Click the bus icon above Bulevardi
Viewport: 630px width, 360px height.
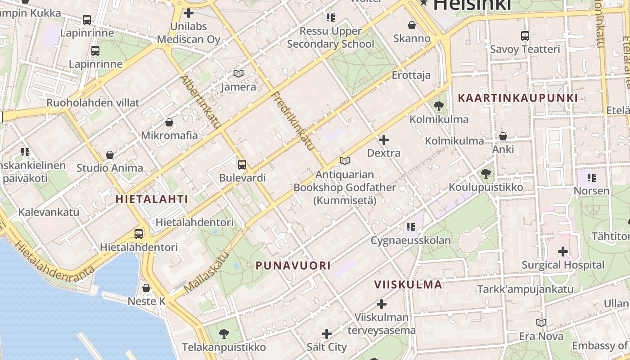pyautogui.click(x=242, y=165)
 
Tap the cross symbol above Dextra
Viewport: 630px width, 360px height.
pyautogui.click(x=384, y=140)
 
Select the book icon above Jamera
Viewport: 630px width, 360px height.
pyautogui.click(x=238, y=73)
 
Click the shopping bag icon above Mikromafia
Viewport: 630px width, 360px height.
pyautogui.click(x=169, y=122)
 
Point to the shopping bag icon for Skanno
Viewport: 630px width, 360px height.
pyautogui.click(x=411, y=25)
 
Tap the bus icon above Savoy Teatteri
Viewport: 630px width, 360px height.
pyautogui.click(x=525, y=36)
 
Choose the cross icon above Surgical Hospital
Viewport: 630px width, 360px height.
pyautogui.click(x=562, y=252)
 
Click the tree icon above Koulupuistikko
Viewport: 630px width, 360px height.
pyautogui.click(x=486, y=174)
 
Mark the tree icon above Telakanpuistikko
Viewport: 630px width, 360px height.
pyautogui.click(x=224, y=334)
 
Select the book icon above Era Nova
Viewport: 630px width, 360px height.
pyautogui.click(x=541, y=323)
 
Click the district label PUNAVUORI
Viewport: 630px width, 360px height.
pyautogui.click(x=293, y=265)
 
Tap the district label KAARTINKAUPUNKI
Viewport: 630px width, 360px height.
pyautogui.click(x=517, y=98)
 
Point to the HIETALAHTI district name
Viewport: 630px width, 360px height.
pyautogui.click(x=152, y=198)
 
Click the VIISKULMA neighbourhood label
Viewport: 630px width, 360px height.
pyautogui.click(x=409, y=284)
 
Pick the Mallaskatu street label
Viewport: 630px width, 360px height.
pyautogui.click(x=207, y=271)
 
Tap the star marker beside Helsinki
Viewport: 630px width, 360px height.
pyautogui.click(x=423, y=3)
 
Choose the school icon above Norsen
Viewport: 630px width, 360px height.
pyautogui.click(x=591, y=178)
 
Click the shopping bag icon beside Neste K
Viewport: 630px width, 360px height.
pyautogui.click(x=146, y=288)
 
